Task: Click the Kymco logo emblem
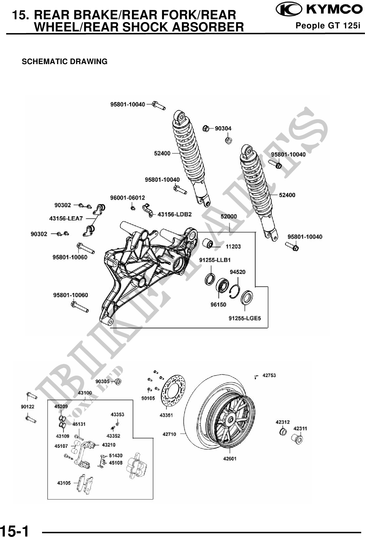(289, 10)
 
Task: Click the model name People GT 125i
(328, 26)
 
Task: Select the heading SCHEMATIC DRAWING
(65, 62)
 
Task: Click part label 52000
(228, 216)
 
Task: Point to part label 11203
(233, 246)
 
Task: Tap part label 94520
(237, 272)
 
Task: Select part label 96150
(218, 304)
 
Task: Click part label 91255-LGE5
(244, 318)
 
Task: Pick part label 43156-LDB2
(175, 214)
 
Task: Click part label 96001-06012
(127, 198)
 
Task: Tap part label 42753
(269, 375)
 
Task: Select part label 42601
(229, 458)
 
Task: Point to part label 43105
(64, 483)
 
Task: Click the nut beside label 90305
(118, 381)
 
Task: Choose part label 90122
(27, 407)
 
